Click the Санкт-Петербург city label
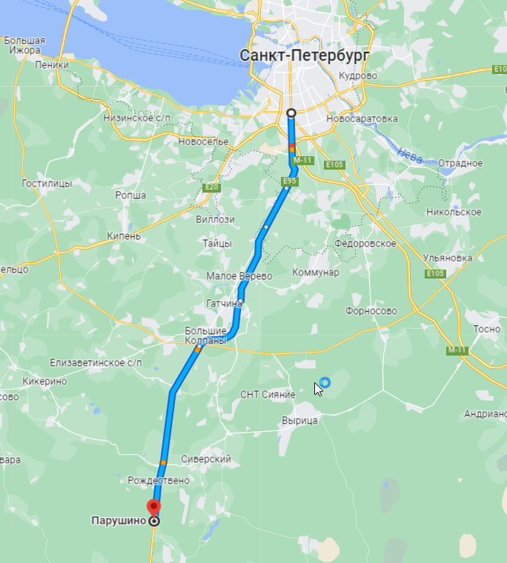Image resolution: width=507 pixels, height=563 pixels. click(x=305, y=56)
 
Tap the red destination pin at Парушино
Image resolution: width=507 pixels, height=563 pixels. click(x=153, y=508)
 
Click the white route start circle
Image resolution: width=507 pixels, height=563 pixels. click(x=291, y=113)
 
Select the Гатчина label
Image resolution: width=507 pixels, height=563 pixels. click(x=225, y=304)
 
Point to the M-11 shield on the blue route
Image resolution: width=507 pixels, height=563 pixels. click(x=302, y=160)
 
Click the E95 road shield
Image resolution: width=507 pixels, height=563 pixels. click(x=290, y=181)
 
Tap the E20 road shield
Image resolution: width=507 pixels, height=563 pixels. click(x=211, y=187)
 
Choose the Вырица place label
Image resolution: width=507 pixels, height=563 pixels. click(x=299, y=420)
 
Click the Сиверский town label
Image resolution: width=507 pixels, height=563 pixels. click(x=206, y=459)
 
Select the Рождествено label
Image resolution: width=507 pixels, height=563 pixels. click(x=159, y=480)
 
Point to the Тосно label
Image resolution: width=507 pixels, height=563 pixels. click(x=487, y=328)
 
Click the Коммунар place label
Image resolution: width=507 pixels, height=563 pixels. click(x=315, y=273)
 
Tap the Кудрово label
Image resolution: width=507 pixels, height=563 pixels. click(x=358, y=76)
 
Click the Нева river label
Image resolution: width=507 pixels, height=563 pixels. click(x=410, y=154)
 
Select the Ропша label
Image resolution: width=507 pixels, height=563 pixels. click(x=130, y=196)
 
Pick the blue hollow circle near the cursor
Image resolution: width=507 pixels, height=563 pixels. click(x=325, y=382)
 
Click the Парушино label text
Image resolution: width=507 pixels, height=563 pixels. click(x=116, y=521)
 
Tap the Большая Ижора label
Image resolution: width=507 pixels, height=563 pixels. click(x=24, y=45)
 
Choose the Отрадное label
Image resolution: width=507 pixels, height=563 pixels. click(x=460, y=163)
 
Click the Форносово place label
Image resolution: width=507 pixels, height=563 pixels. click(x=371, y=311)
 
